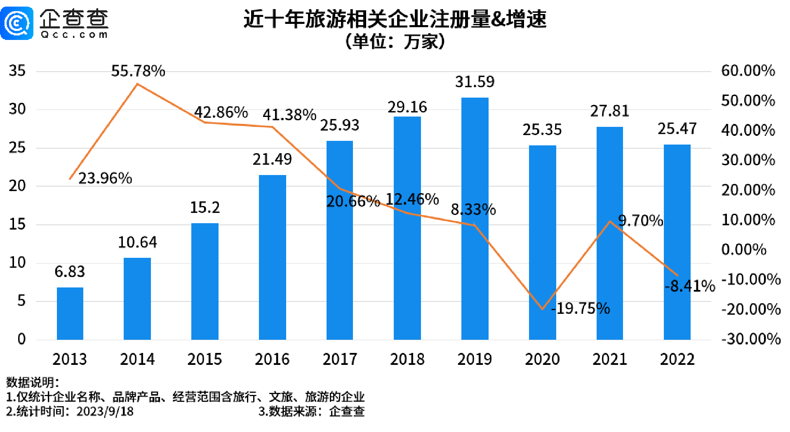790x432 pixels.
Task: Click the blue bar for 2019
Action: (x=475, y=218)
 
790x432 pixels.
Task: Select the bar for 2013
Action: (x=70, y=313)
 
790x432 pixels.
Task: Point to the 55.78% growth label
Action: (x=138, y=71)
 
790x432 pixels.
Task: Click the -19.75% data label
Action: (x=581, y=308)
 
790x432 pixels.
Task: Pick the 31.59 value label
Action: (x=475, y=82)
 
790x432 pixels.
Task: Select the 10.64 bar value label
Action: (x=137, y=242)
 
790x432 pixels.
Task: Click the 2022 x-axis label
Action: (x=677, y=359)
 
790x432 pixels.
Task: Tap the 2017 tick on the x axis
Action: (x=340, y=359)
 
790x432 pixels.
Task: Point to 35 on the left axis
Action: (x=17, y=70)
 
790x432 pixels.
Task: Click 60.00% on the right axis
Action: (x=748, y=70)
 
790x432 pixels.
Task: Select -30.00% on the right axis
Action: (x=751, y=339)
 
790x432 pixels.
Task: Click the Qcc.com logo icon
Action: (x=17, y=23)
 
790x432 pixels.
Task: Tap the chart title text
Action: (x=395, y=19)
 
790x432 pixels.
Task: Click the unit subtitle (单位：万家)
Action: (x=395, y=41)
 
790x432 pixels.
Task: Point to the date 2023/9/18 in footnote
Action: (x=105, y=411)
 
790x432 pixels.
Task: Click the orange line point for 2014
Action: (x=137, y=84)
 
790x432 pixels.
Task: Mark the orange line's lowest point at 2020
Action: (x=543, y=309)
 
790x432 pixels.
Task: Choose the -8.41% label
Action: (x=690, y=286)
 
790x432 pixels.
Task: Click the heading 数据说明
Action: (x=32, y=382)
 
